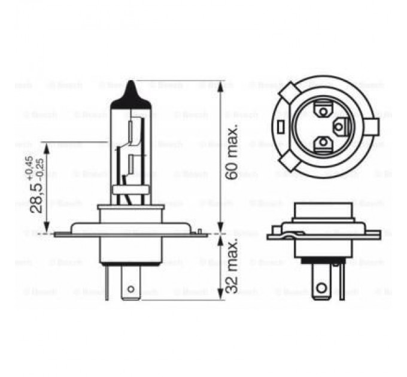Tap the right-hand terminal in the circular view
(x=342, y=126)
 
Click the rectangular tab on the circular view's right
(x=373, y=127)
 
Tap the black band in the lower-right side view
(x=322, y=261)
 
